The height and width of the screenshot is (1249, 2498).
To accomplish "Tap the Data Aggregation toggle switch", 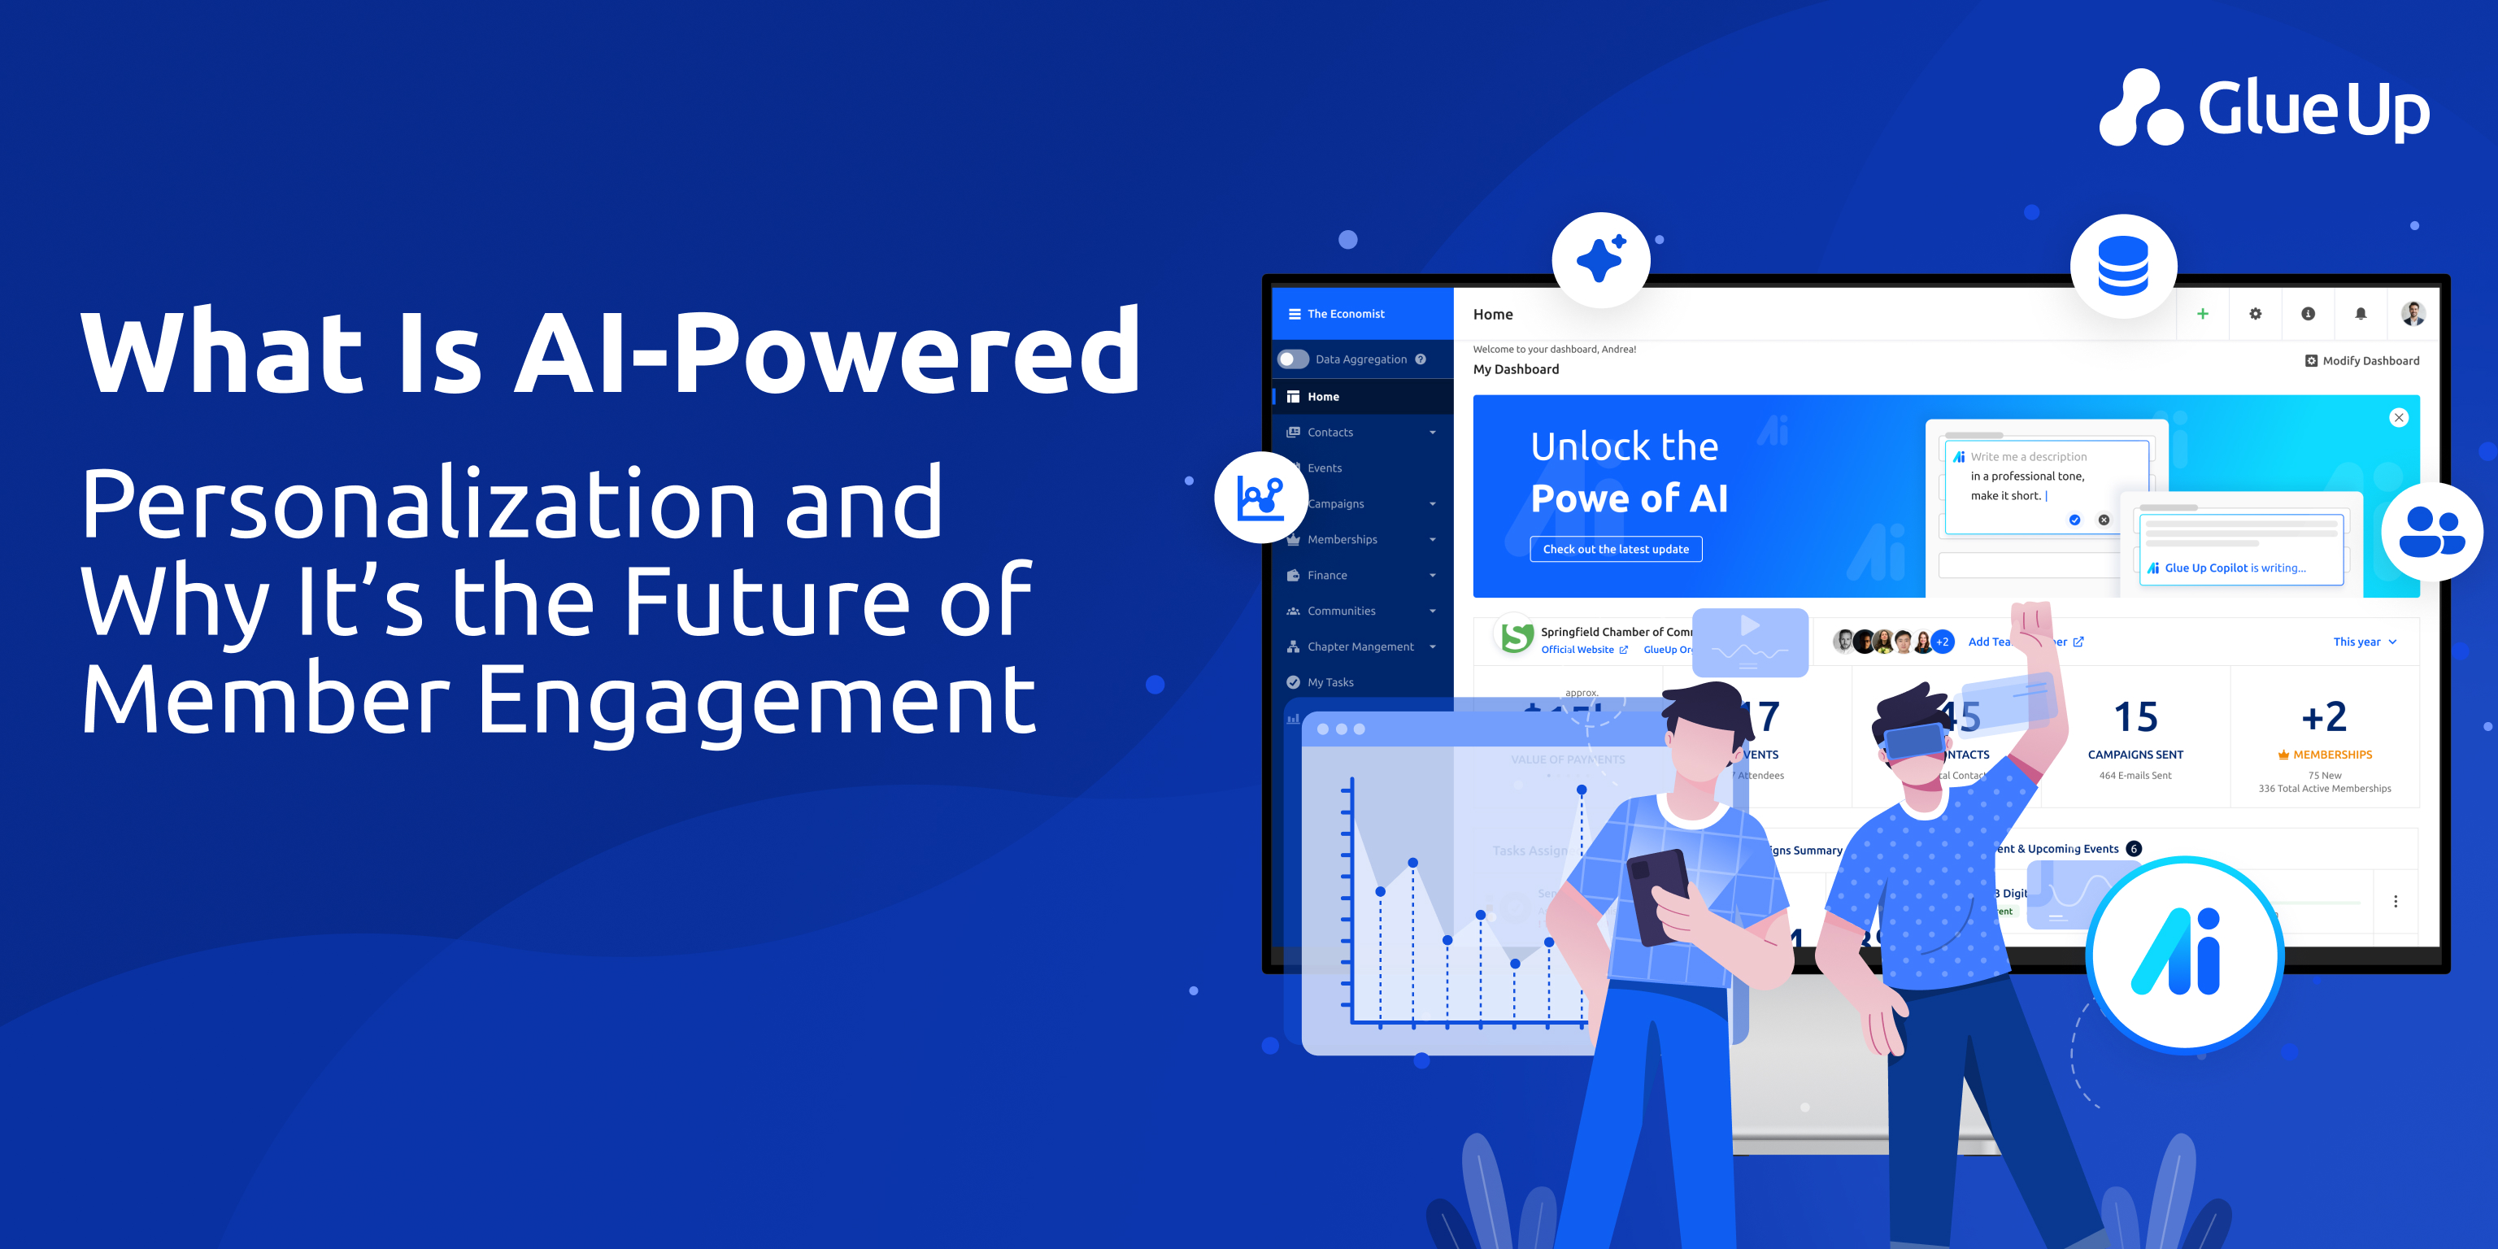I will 1293,359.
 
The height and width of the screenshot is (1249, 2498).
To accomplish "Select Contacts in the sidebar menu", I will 1330,433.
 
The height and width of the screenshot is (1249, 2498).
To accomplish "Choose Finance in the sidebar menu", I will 1326,575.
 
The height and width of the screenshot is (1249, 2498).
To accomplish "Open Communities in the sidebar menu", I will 1341,611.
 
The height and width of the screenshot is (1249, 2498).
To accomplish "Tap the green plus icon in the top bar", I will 2202,313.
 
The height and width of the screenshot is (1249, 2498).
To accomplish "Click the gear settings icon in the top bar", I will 2256,313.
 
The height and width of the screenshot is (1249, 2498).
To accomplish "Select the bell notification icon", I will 2361,313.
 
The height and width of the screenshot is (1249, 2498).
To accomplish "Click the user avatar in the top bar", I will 2413,313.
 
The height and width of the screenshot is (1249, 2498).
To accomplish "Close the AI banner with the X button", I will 2398,418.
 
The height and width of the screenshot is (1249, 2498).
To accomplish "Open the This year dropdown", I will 2364,642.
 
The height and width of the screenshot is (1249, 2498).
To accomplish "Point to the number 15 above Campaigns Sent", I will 2135,717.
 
